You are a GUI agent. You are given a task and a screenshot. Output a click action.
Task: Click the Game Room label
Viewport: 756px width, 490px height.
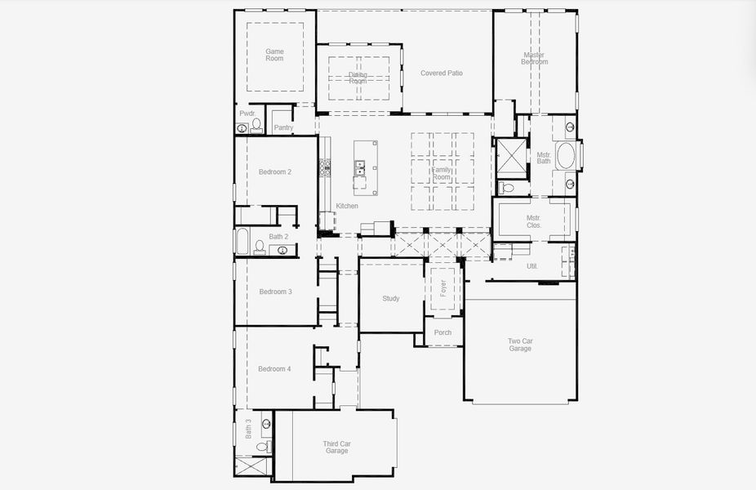pyautogui.click(x=274, y=55)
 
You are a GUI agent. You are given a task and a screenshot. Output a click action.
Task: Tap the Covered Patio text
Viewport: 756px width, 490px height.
pyautogui.click(x=442, y=73)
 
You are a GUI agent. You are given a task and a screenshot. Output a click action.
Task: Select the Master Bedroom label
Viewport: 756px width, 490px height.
pyautogui.click(x=535, y=58)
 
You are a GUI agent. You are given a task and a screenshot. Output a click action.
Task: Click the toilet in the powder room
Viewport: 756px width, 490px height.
pyautogui.click(x=257, y=125)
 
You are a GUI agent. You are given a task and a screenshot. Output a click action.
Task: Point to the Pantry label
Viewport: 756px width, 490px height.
pyautogui.click(x=283, y=127)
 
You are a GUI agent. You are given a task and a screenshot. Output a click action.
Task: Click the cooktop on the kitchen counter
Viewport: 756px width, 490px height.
pyautogui.click(x=325, y=167)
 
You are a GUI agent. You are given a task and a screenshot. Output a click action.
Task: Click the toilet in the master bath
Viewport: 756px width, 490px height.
pyautogui.click(x=506, y=188)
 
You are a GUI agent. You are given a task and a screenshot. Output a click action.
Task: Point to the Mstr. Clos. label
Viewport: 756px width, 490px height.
pyautogui.click(x=533, y=221)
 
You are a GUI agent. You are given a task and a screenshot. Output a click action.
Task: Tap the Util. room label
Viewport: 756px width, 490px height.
pyautogui.click(x=532, y=266)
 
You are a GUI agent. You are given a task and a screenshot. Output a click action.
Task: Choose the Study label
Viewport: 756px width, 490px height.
pyautogui.click(x=391, y=298)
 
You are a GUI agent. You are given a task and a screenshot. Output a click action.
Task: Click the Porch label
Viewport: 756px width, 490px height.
pyautogui.click(x=442, y=332)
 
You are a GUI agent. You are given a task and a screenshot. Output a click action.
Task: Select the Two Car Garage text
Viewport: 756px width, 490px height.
pyautogui.click(x=520, y=344)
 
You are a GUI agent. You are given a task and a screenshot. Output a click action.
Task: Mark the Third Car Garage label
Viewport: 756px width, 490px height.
pyautogui.click(x=336, y=447)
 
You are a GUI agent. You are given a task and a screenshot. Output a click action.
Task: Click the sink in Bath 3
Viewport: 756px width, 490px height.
pyautogui.click(x=266, y=423)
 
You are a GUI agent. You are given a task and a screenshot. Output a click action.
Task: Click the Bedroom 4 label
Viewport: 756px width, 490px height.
pyautogui.click(x=274, y=369)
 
